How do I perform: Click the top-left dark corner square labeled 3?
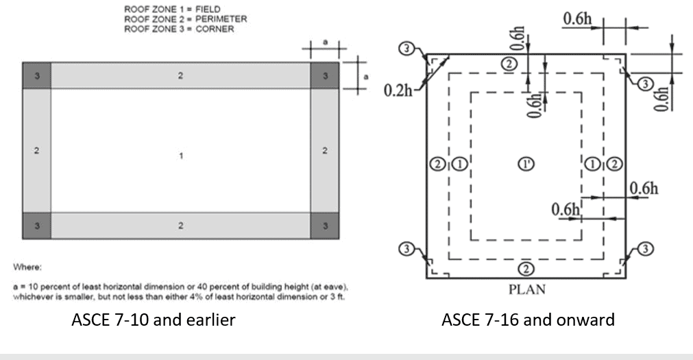coord(37,75)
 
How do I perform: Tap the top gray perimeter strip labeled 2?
coord(180,75)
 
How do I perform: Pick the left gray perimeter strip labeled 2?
coord(37,150)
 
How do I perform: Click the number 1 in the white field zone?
coord(181,156)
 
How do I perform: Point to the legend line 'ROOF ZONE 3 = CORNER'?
coord(178,29)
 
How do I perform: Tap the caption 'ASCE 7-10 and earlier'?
coord(154,320)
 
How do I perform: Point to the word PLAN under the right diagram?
coord(527,289)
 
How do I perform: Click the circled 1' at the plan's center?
coord(526,163)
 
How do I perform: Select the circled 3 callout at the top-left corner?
coord(408,49)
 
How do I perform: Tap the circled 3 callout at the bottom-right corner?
coord(646,249)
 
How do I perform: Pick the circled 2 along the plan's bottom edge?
coord(526,267)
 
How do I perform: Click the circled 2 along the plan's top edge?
coord(509,64)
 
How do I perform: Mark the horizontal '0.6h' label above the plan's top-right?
coord(577,19)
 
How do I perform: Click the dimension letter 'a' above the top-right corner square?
coord(326,43)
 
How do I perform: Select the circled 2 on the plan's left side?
coord(437,163)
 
